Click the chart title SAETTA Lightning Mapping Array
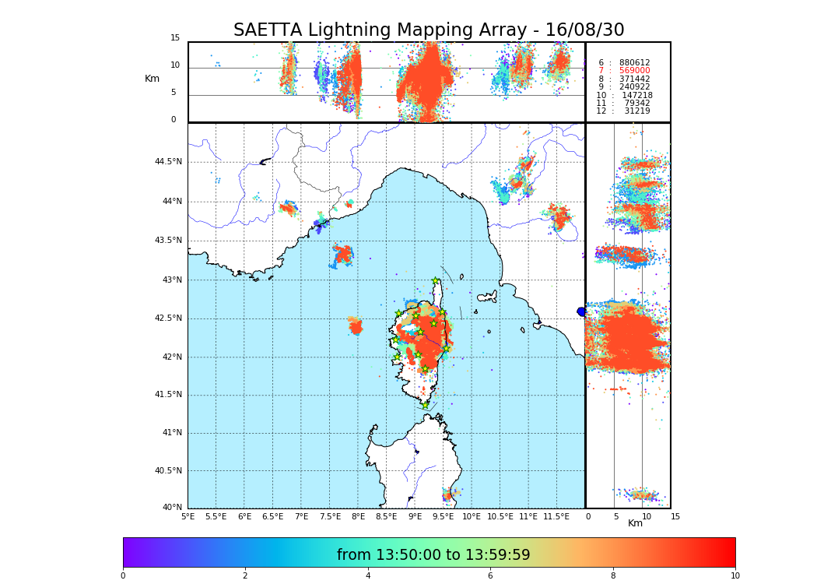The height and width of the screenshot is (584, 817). [x=429, y=30]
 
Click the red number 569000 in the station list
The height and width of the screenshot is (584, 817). [x=634, y=71]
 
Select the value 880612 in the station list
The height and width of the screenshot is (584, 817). [x=634, y=62]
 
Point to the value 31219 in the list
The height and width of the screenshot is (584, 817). [x=636, y=111]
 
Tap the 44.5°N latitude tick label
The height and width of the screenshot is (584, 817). [x=167, y=162]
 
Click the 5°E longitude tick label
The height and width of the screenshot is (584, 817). [x=188, y=516]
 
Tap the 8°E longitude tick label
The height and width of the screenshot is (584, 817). [x=358, y=516]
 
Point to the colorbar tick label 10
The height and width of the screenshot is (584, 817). [x=735, y=576]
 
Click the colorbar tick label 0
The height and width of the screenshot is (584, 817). [x=123, y=576]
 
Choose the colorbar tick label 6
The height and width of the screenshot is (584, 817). [x=490, y=576]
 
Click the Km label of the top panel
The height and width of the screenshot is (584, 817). [x=152, y=79]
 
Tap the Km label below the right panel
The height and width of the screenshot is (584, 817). [x=636, y=523]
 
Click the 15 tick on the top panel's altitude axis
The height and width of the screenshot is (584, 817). [x=175, y=38]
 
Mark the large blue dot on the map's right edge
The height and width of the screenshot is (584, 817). [x=581, y=311]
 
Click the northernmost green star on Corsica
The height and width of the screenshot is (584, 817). [x=436, y=281]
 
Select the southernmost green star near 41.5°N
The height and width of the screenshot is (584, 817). [x=425, y=405]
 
